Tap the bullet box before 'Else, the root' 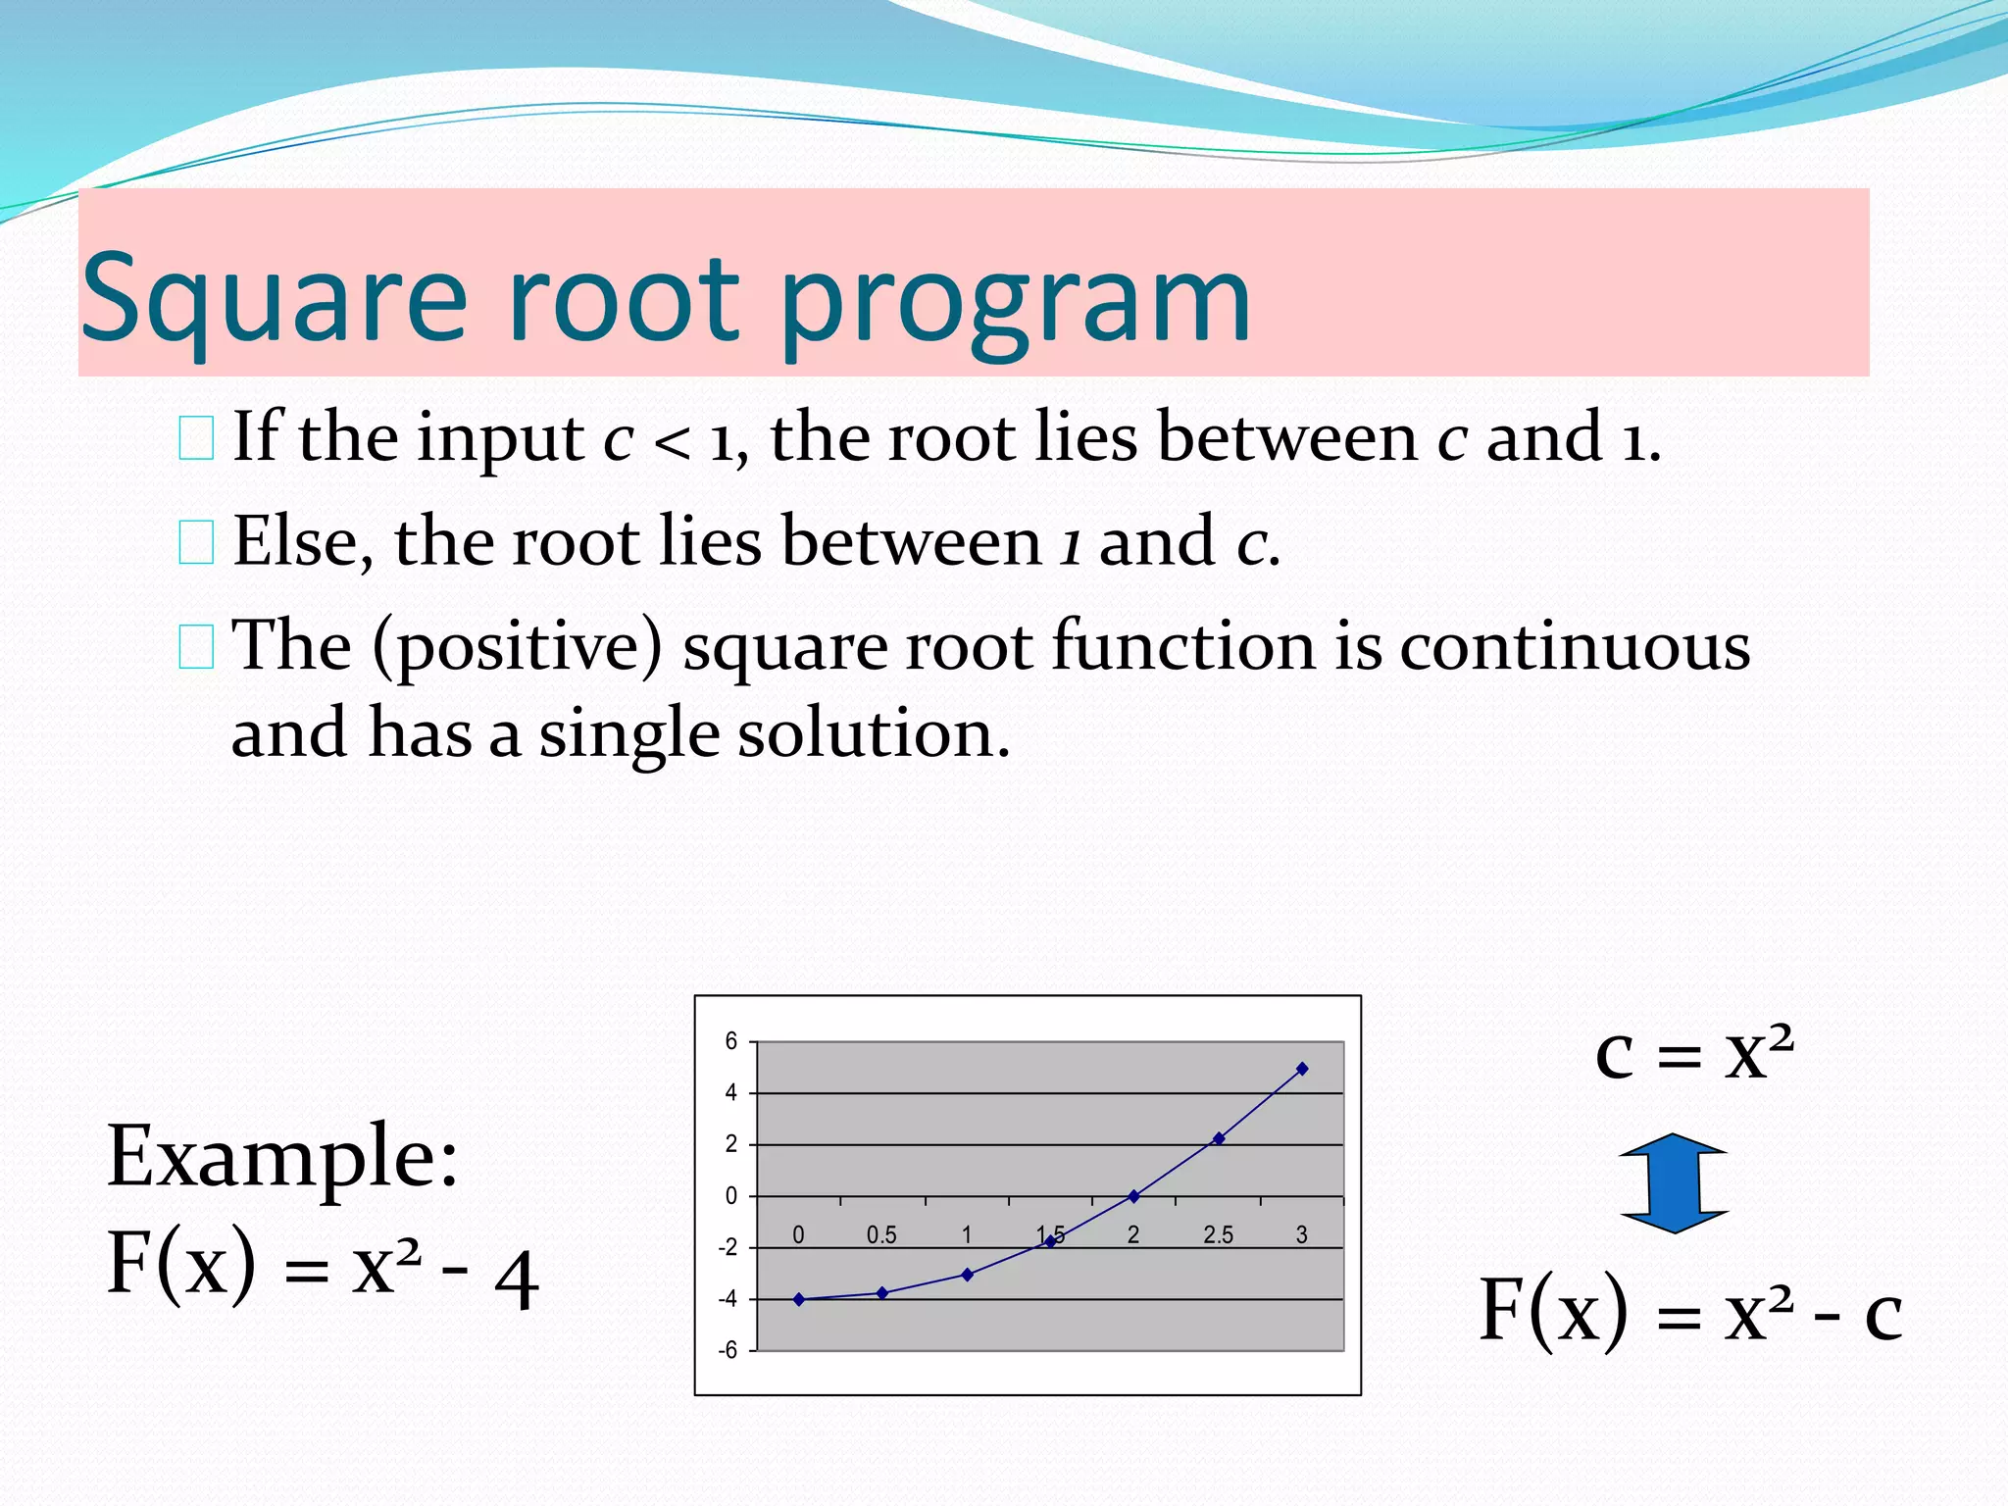[196, 542]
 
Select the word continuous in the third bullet [1574, 647]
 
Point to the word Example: [282, 1157]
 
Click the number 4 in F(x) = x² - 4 [517, 1280]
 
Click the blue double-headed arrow [1674, 1182]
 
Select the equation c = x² [1694, 1054]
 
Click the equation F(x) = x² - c [1690, 1311]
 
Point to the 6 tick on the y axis [731, 1041]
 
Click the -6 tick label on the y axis [728, 1351]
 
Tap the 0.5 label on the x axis [881, 1235]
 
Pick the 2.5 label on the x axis [1218, 1235]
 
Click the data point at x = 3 [1302, 1069]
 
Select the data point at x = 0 [799, 1299]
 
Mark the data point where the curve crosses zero [1134, 1196]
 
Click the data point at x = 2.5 [1219, 1138]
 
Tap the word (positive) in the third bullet [517, 647]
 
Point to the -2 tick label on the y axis [728, 1248]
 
